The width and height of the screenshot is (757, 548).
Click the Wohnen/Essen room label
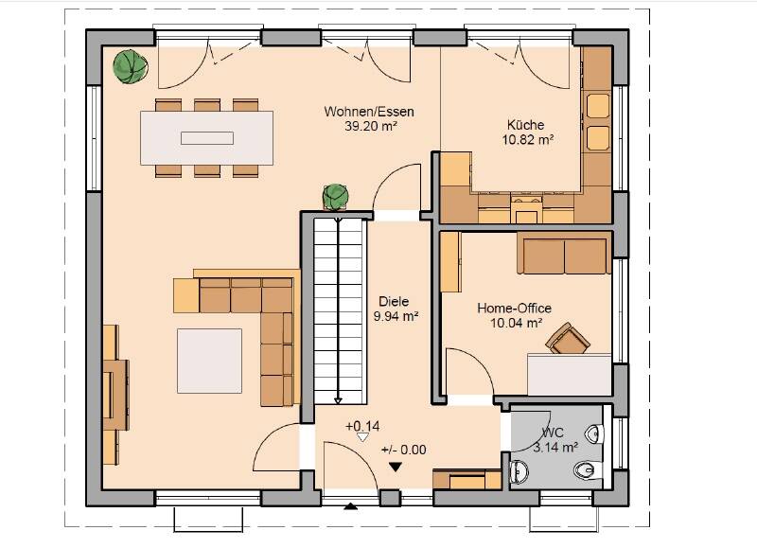(x=369, y=112)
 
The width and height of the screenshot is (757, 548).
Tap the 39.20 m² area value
(x=371, y=127)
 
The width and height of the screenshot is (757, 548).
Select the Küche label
(x=526, y=125)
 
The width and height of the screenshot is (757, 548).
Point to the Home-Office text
(x=514, y=308)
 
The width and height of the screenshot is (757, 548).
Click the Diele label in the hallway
(x=394, y=301)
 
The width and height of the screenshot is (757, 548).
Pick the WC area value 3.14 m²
(x=555, y=447)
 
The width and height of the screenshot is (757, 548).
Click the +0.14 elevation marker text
(x=362, y=426)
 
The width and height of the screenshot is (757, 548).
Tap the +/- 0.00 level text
(x=404, y=450)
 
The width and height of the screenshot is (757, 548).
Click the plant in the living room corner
(x=131, y=66)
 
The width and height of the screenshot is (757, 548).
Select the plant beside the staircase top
(x=336, y=197)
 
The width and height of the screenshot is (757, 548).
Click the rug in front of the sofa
(x=209, y=361)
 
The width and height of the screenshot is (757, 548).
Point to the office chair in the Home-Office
(x=568, y=338)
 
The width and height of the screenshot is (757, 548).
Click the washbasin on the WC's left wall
(x=519, y=470)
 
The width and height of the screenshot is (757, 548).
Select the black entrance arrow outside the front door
(x=350, y=506)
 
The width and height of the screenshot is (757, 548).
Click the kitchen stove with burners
(x=526, y=207)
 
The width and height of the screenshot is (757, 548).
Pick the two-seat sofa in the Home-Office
(x=564, y=253)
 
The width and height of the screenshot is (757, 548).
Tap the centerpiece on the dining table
(x=207, y=138)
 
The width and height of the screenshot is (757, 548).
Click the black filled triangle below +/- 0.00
(x=396, y=468)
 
